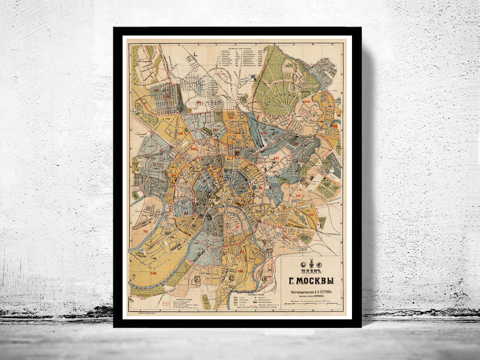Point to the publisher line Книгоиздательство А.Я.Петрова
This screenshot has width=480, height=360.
[311, 292]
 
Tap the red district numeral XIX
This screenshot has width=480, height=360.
[146, 231]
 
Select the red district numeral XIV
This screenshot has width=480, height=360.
[311, 215]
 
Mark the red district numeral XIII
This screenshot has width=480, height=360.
[298, 196]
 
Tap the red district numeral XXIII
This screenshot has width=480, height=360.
[193, 149]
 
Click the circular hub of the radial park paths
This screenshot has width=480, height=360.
[287, 108]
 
